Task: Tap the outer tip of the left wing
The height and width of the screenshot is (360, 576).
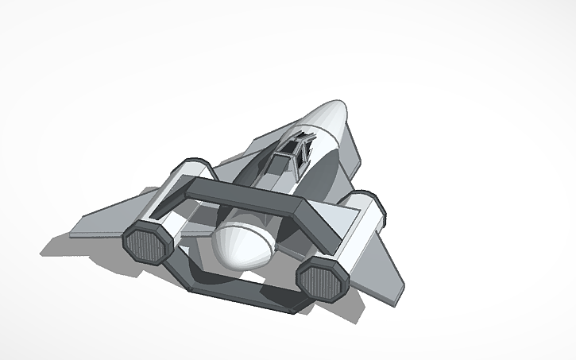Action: point(73,235)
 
